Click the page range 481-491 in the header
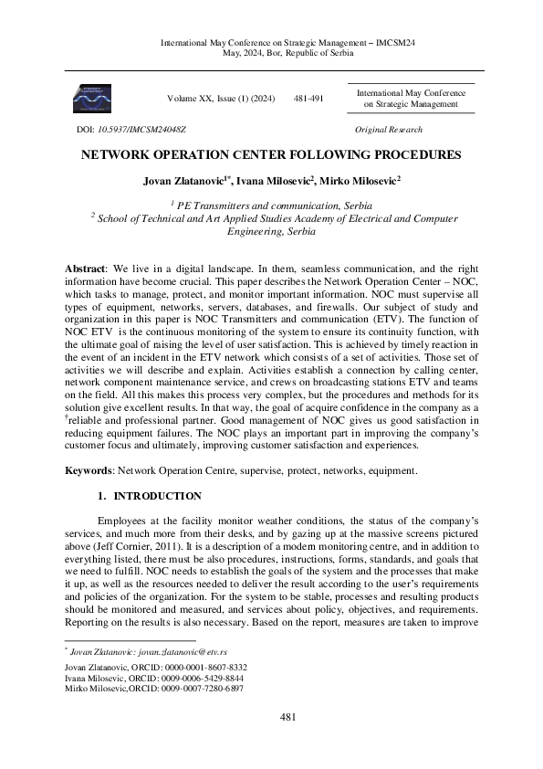308,98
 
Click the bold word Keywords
88,470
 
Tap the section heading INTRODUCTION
157,496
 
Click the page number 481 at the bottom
287,743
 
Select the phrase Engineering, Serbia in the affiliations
271,232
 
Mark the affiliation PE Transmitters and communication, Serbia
274,205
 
